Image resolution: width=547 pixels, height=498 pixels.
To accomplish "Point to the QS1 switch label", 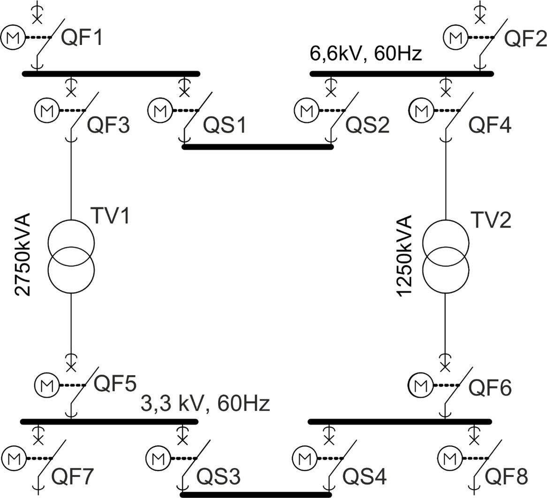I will (224, 126).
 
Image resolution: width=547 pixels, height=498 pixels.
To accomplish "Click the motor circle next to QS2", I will (306, 111).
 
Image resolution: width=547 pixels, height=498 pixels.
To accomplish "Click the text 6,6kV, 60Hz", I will (366, 54).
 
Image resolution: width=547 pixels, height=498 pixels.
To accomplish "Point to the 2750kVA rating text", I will (23, 255).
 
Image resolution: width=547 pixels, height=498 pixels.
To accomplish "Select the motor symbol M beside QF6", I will (420, 385).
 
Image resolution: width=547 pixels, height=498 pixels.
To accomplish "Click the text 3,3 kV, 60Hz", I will (205, 403).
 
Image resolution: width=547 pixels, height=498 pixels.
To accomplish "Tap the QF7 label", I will (73, 477).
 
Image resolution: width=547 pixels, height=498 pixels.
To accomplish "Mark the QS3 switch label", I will (219, 477).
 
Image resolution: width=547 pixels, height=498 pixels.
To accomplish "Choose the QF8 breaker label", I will (506, 477).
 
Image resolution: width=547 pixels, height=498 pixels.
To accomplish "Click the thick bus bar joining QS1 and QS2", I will (258, 147).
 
